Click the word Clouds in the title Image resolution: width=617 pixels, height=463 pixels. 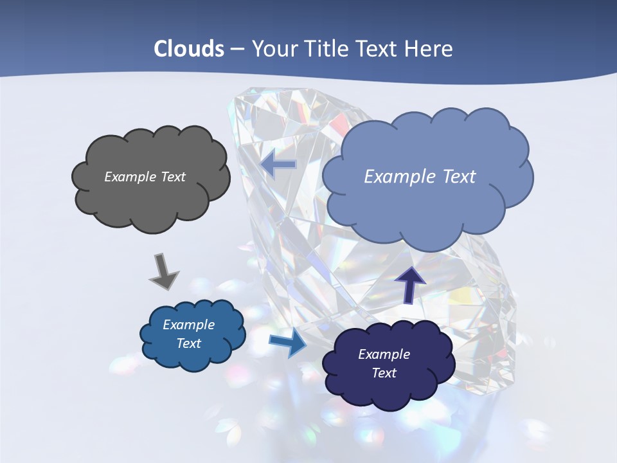189,49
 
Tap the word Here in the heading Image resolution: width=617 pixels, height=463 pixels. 429,49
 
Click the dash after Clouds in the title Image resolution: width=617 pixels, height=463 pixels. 237,50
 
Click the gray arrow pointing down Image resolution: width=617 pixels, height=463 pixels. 163,271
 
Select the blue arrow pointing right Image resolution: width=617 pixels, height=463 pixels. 287,343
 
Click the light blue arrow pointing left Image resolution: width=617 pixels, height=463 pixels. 278,164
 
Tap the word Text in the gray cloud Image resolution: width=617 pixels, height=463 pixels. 173,177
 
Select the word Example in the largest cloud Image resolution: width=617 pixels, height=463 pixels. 401,177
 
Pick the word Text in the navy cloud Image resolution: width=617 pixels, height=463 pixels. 384,373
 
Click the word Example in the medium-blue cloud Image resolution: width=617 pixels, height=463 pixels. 189,325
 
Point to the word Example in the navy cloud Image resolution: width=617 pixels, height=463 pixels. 384,354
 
